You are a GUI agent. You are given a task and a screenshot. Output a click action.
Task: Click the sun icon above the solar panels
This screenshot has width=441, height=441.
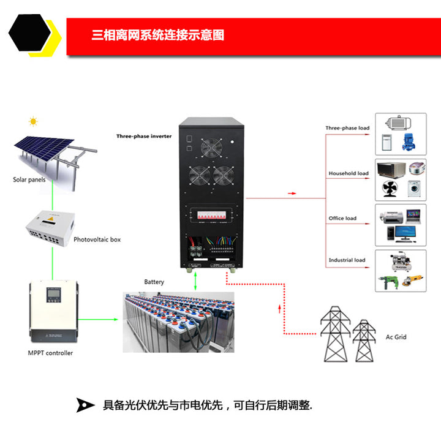(x=34, y=121)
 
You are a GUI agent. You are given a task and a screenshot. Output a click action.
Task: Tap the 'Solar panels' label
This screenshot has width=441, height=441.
(x=29, y=180)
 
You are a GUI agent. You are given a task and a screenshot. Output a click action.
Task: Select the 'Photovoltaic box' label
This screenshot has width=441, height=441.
(x=97, y=239)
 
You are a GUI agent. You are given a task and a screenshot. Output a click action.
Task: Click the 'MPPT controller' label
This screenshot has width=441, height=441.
(x=50, y=353)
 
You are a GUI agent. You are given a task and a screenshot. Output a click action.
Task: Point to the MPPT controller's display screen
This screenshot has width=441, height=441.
(x=53, y=298)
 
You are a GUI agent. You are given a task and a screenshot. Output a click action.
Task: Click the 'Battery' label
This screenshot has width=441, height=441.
(x=154, y=282)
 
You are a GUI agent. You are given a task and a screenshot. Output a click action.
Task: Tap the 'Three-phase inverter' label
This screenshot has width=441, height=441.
(x=144, y=136)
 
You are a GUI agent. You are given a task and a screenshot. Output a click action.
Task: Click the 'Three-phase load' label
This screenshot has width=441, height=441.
(x=347, y=128)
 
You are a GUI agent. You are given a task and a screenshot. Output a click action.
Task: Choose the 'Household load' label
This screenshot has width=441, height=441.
(x=348, y=173)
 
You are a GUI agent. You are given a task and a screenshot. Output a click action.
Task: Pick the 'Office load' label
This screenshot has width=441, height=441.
(x=342, y=218)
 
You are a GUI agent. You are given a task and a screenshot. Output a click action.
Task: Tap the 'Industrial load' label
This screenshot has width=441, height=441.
(x=347, y=260)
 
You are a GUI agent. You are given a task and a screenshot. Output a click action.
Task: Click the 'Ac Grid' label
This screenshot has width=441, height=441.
(x=396, y=337)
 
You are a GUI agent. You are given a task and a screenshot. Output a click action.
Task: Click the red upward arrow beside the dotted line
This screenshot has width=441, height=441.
(x=280, y=307)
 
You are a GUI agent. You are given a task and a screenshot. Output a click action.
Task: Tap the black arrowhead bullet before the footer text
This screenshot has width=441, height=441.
(x=85, y=405)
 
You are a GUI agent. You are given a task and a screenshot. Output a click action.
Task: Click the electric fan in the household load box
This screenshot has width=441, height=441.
(x=390, y=188)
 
